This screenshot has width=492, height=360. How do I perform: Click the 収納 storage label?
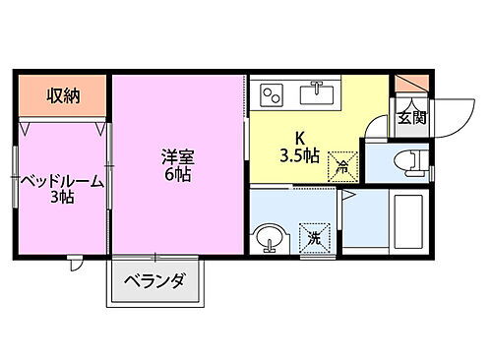62,95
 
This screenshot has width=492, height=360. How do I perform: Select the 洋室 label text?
178,155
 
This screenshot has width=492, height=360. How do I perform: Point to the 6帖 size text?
178,174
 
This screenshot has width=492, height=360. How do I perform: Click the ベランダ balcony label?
154,282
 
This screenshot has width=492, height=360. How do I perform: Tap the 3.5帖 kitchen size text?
299,155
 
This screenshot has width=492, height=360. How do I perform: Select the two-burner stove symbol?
271,94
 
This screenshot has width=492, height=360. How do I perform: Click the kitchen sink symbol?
318,93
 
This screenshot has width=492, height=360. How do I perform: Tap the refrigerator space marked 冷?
340,162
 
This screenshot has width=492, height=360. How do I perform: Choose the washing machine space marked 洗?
314,237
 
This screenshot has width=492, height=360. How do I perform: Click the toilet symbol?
406,159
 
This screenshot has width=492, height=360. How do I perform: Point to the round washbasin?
268,237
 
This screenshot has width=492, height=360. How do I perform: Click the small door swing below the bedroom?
76,264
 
